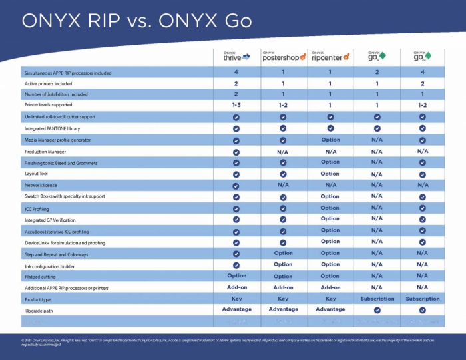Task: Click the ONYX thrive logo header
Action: click(236, 56)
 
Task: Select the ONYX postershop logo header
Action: click(283, 56)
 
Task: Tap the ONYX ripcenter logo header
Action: click(330, 56)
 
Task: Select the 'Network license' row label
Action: click(41, 185)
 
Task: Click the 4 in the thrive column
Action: click(236, 72)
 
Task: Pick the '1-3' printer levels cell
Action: click(236, 105)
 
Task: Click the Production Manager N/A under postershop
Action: click(283, 151)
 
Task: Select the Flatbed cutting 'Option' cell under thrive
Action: click(236, 276)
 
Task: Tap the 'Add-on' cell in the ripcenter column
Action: click(330, 287)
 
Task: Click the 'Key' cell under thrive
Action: click(236, 299)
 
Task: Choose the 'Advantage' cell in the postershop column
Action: click(283, 309)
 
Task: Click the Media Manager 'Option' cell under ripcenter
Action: click(330, 140)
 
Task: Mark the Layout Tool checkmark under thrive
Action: click(236, 174)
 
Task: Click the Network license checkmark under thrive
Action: click(236, 185)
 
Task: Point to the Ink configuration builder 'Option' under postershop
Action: click(283, 264)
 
